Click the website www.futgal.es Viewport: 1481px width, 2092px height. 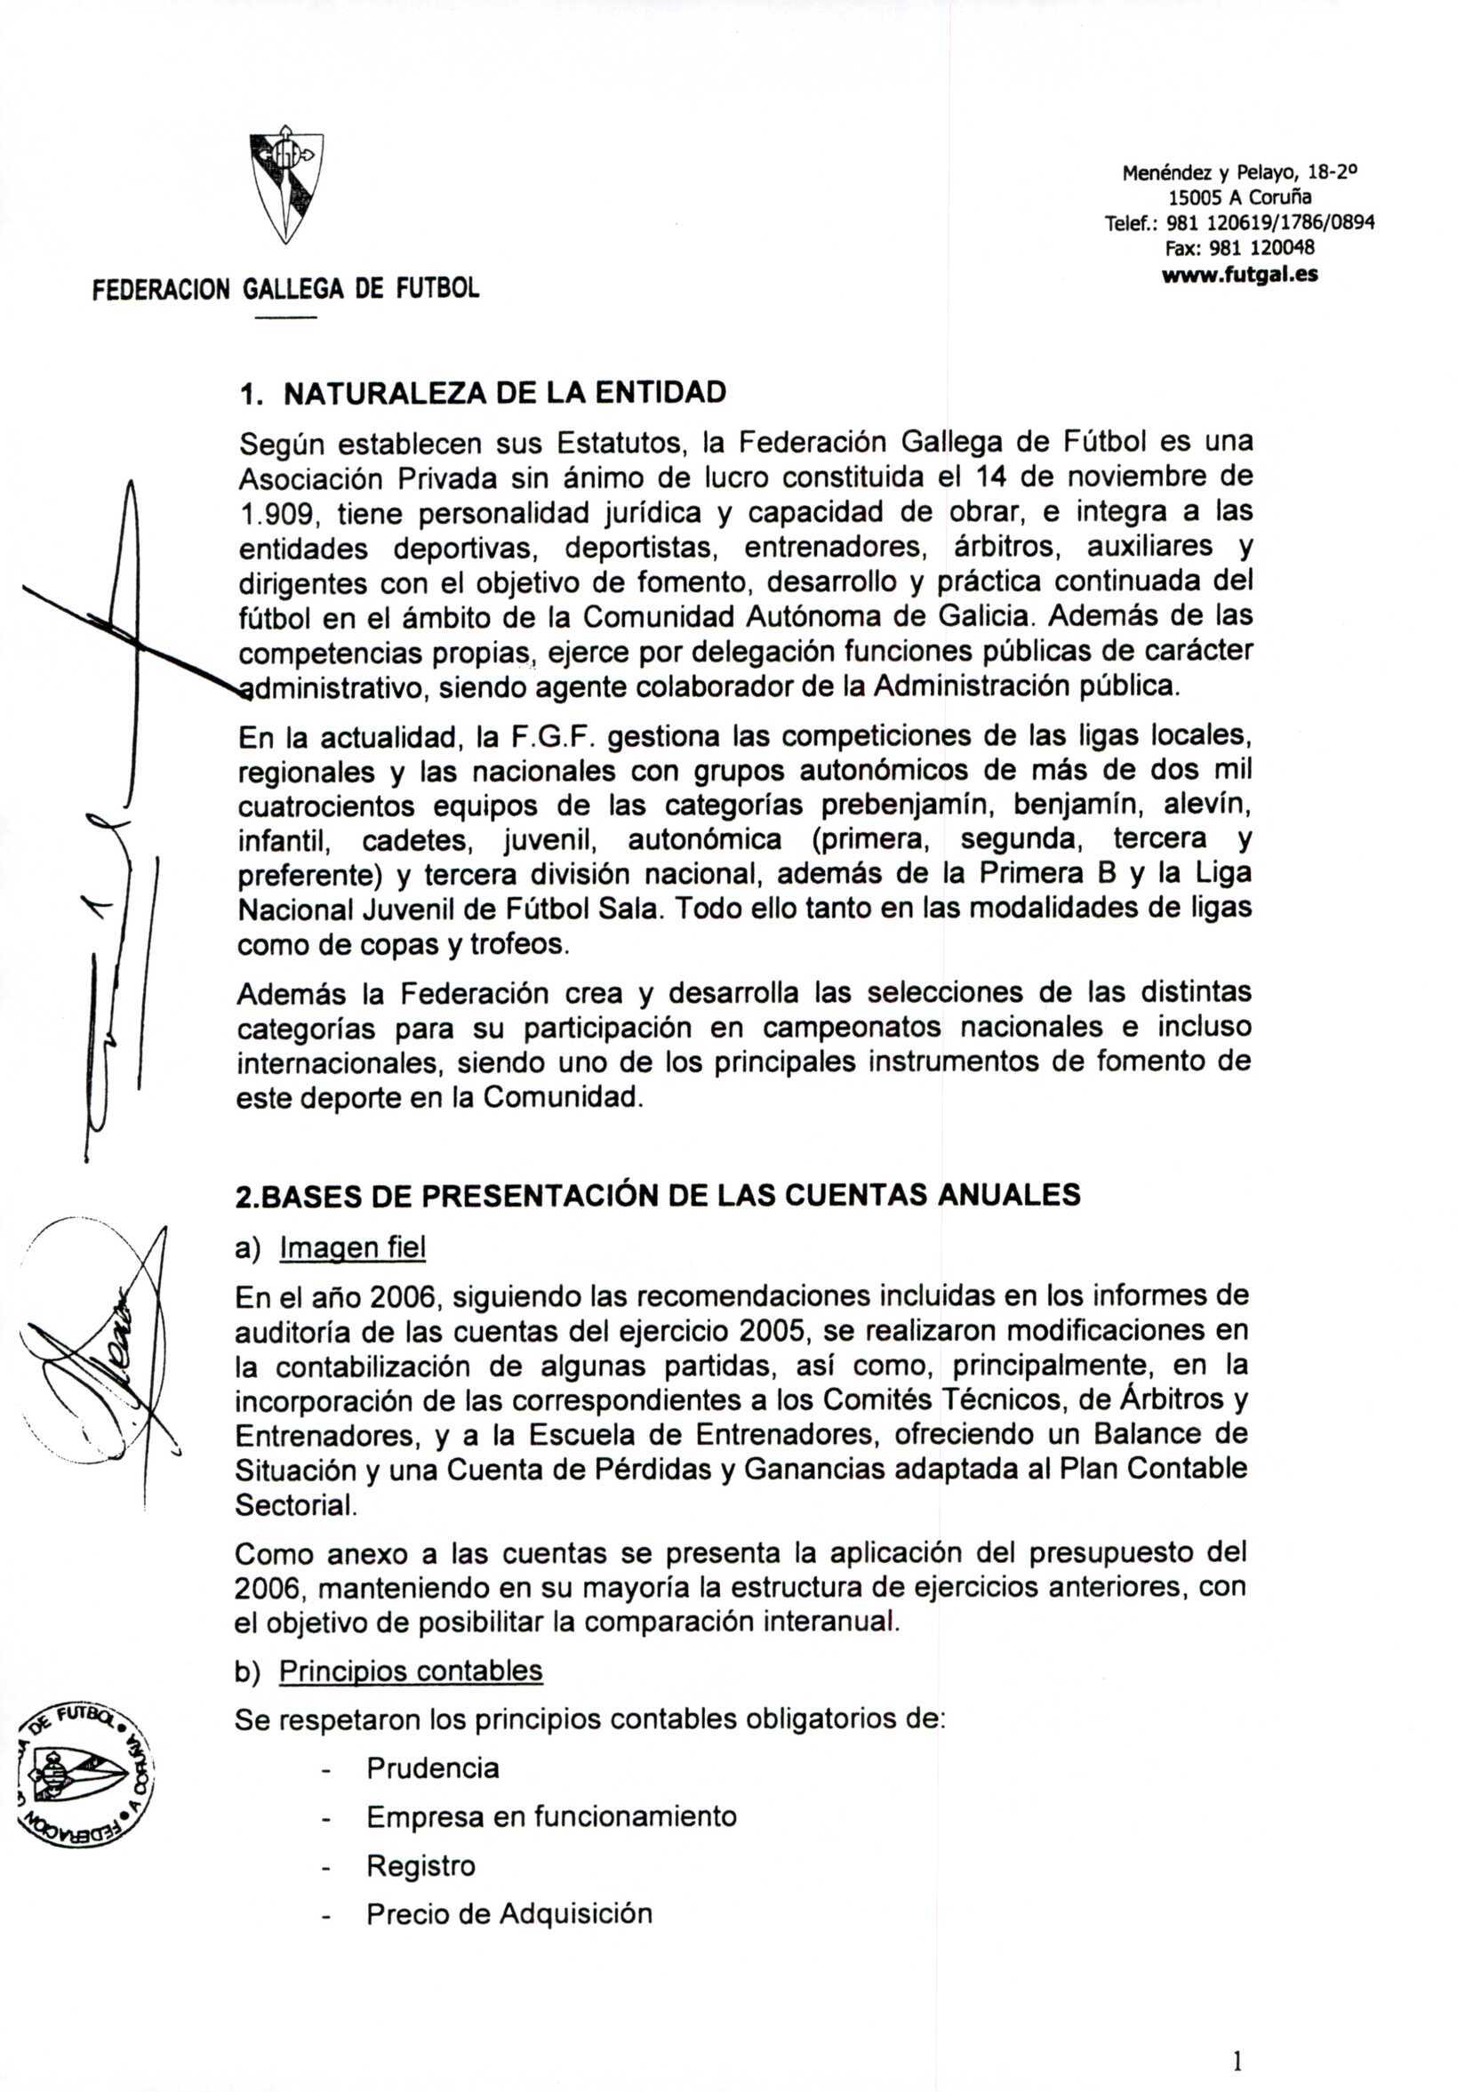1239,274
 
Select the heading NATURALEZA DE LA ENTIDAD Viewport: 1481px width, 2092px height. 505,393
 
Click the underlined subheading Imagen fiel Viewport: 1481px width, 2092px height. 352,1247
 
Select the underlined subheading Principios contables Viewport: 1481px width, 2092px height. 411,1671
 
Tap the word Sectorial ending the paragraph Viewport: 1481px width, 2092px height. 293,1504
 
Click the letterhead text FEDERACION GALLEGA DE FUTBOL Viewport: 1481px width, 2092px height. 285,290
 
